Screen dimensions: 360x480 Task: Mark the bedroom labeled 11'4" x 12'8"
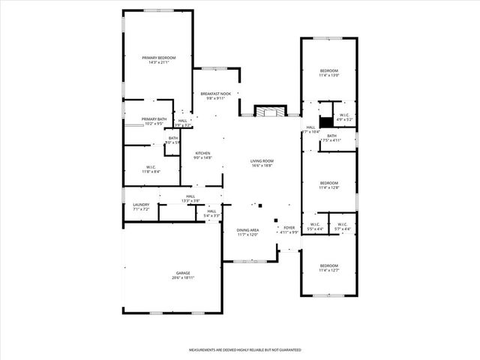pos(328,185)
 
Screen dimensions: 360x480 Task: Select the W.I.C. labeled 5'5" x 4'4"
pos(314,226)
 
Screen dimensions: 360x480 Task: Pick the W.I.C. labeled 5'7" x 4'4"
pos(341,226)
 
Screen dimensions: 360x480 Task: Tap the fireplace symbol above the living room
pos(268,111)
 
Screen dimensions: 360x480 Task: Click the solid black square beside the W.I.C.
pos(325,121)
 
